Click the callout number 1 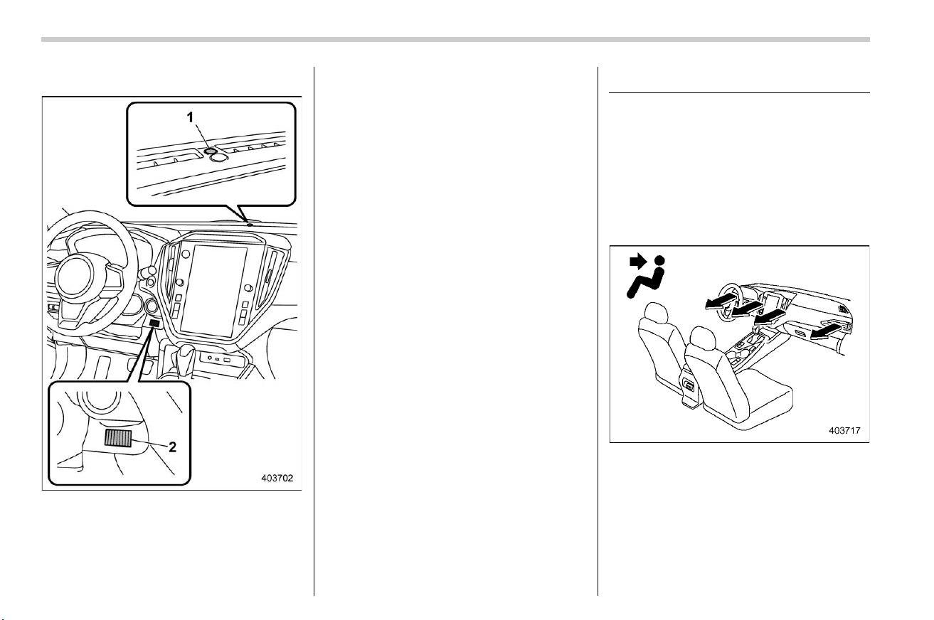190,118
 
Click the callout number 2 171,447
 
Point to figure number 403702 277,478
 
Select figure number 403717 844,430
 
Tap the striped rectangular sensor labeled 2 118,438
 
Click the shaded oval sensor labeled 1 210,150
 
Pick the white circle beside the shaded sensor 219,156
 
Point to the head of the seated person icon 659,261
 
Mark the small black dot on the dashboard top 250,224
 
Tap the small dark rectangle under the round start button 155,323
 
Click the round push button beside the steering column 152,306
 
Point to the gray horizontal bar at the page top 455,40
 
